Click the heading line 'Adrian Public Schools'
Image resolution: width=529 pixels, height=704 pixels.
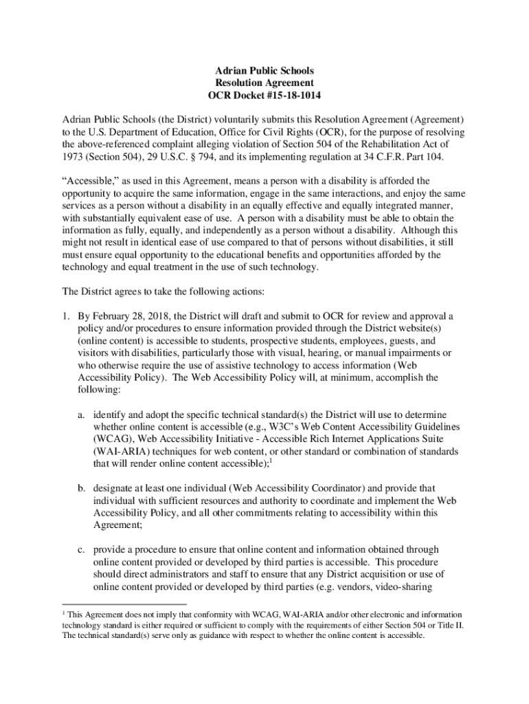264,71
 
